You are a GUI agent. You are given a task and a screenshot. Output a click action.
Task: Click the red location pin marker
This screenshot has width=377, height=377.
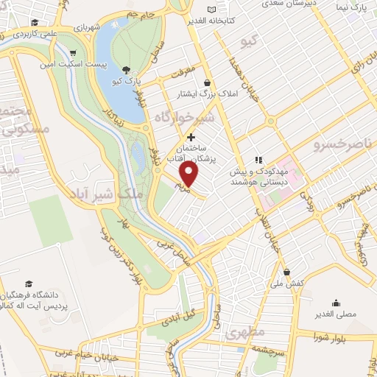[189, 175]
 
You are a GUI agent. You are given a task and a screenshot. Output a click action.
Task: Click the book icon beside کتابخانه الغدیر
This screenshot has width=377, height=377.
[214, 10]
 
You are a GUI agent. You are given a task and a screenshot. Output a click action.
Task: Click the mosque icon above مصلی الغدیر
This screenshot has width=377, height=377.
[336, 302]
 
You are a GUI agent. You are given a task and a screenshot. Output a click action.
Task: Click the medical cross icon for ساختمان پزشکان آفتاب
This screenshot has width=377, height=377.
[191, 137]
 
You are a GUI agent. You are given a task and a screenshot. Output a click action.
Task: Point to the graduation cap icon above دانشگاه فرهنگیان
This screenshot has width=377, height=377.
[29, 284]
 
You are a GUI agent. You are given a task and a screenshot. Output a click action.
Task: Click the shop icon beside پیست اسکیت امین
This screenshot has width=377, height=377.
[73, 53]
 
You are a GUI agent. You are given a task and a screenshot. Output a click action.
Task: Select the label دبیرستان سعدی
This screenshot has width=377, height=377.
[271, 3]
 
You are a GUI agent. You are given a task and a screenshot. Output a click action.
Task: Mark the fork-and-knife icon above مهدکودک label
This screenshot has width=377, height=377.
[258, 159]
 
